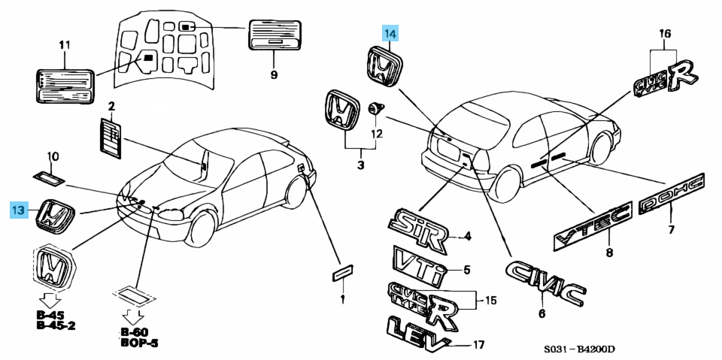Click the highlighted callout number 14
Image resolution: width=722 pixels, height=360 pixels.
[390, 33]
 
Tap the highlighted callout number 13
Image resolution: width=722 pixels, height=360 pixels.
[20, 210]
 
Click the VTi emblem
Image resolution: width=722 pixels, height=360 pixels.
[419, 263]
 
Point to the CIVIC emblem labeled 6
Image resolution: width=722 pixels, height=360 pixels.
[545, 284]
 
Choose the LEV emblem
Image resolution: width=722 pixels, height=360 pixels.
[416, 332]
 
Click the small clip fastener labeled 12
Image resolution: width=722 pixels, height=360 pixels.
[373, 110]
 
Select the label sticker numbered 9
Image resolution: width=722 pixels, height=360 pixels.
[274, 36]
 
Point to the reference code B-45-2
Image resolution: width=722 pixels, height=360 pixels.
[56, 326]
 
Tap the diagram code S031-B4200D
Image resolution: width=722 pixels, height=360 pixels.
[580, 350]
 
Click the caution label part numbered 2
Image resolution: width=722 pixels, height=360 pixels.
[110, 138]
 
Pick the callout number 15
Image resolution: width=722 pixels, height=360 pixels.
[490, 301]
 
